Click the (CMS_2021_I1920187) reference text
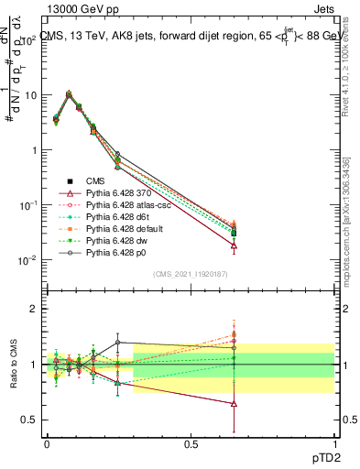click(x=191, y=274)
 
